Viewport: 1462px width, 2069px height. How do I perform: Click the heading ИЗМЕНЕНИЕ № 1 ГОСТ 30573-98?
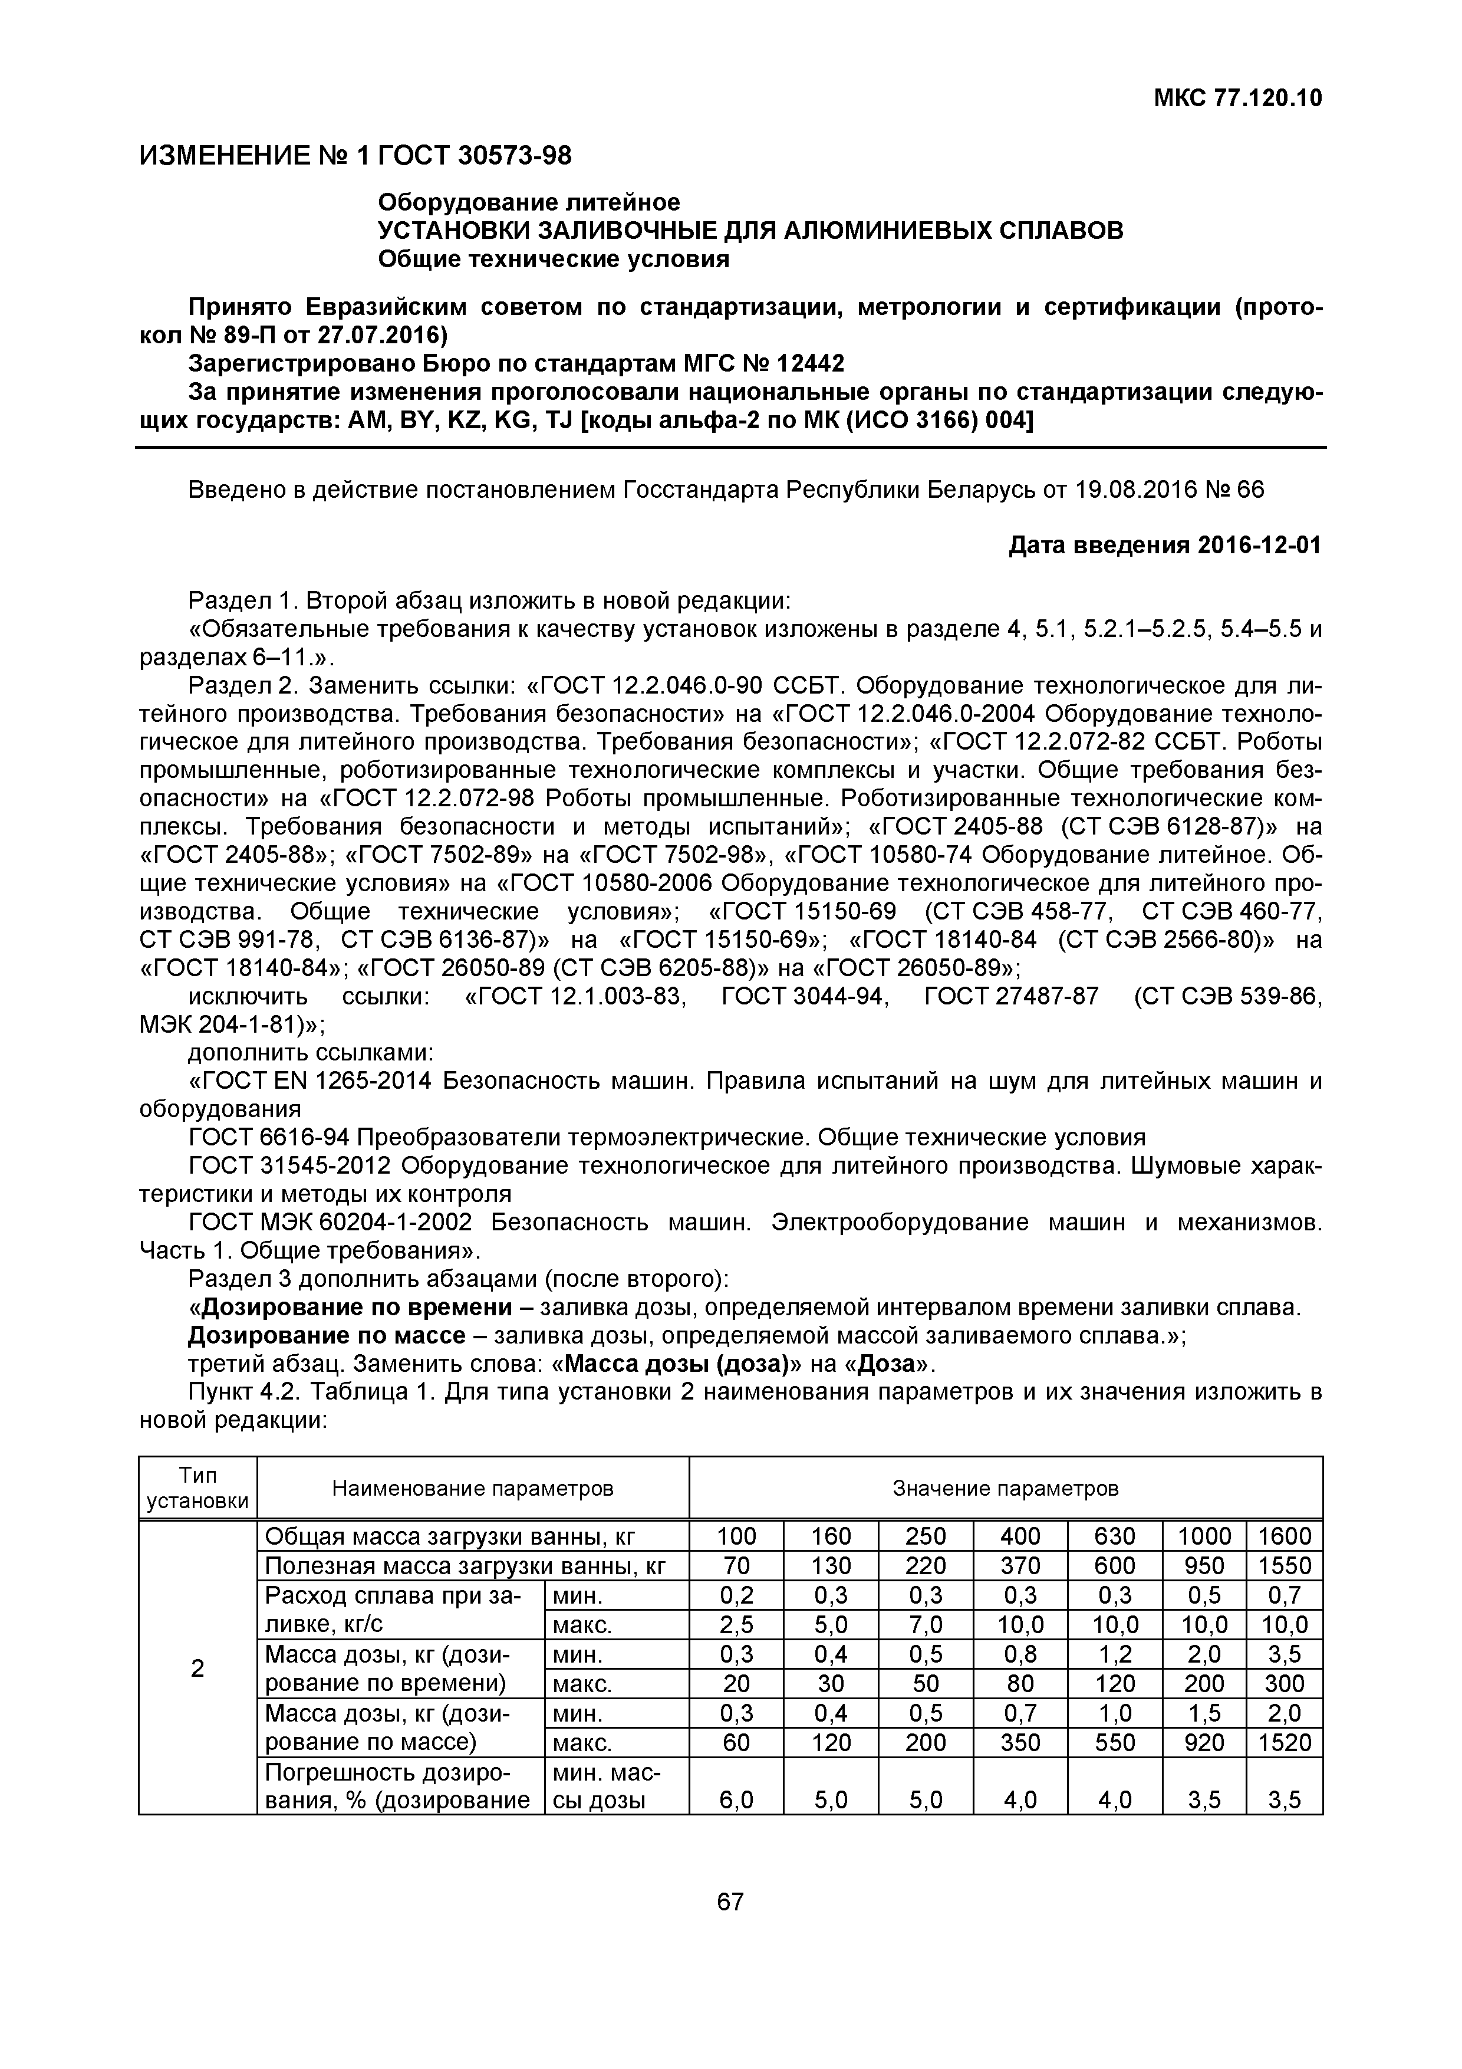tap(355, 156)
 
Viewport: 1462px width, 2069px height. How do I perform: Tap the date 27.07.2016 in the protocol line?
tap(373, 335)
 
